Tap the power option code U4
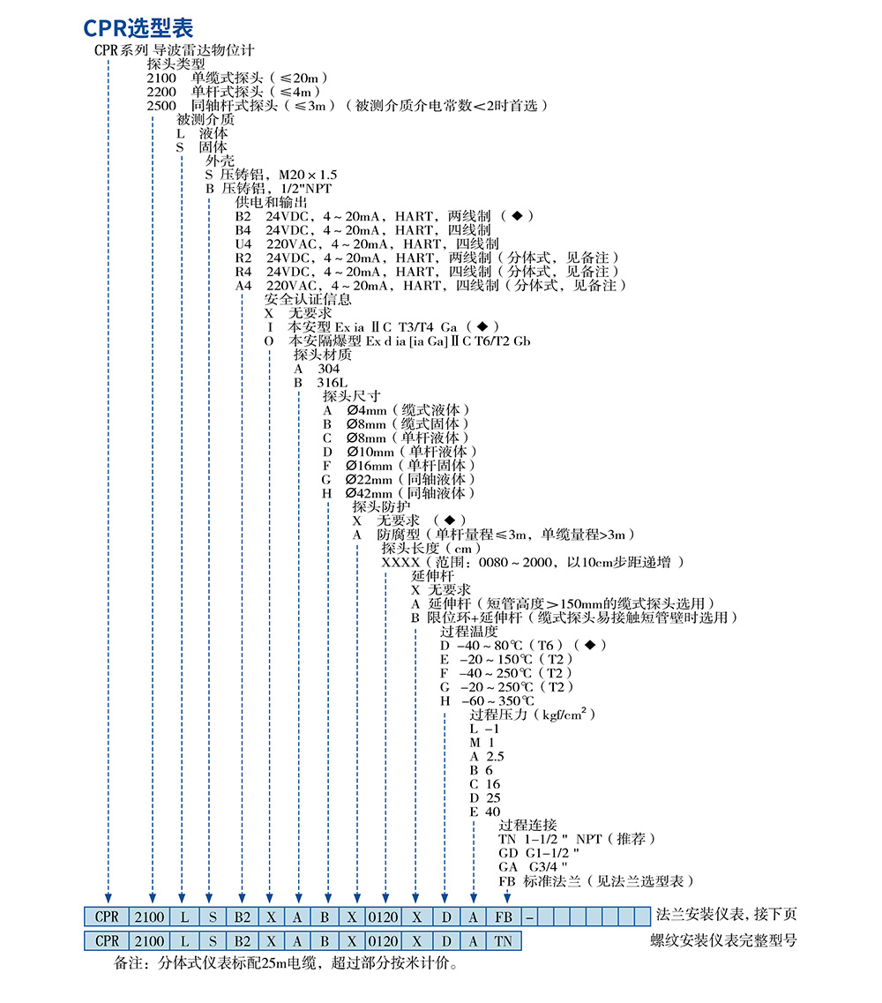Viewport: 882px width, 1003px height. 243,243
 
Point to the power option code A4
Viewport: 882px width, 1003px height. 243,286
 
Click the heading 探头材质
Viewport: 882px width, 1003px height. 323,355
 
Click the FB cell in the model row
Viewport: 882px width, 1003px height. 505,917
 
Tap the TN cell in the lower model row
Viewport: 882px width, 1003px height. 505,941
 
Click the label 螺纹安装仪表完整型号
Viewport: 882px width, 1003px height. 721,941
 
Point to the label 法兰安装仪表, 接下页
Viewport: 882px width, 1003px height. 727,914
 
